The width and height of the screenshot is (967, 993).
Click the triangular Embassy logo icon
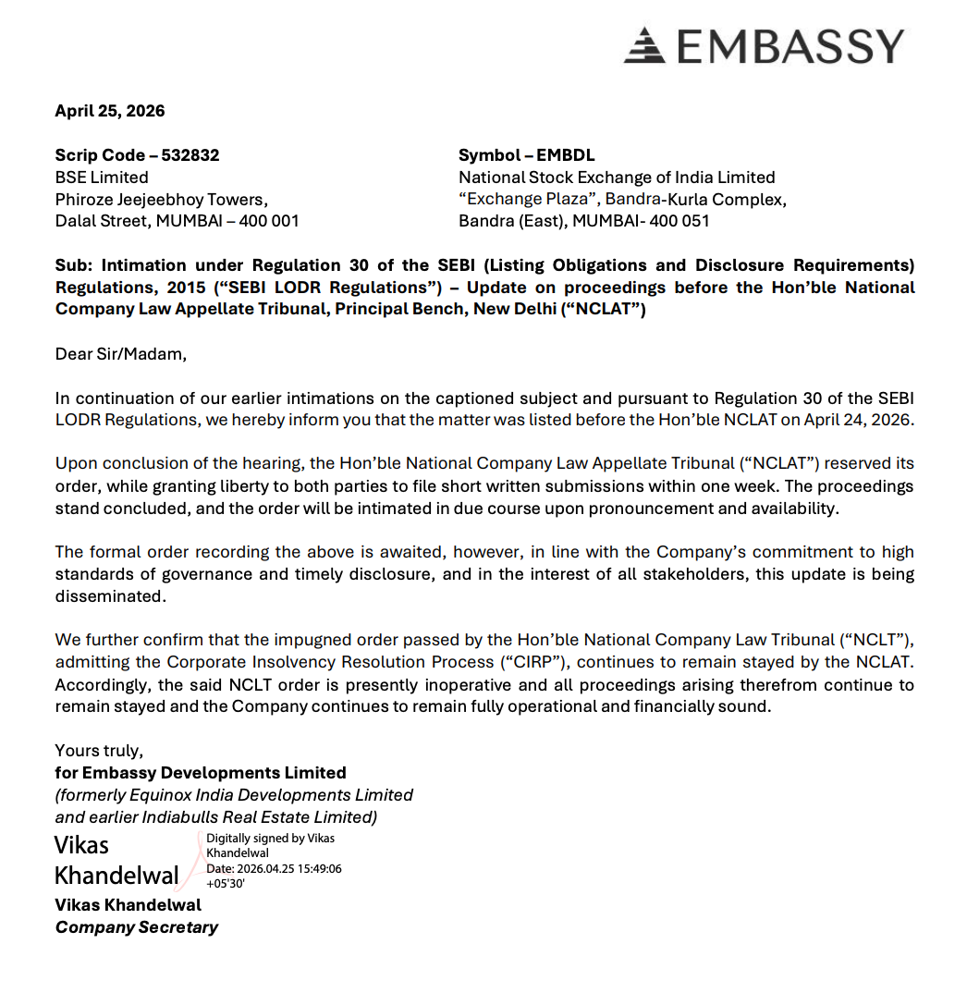click(644, 45)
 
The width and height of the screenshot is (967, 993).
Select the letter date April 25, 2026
click(110, 111)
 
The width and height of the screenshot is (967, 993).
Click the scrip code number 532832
click(190, 155)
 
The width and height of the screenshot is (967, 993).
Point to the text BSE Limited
click(102, 178)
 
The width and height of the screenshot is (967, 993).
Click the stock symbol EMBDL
click(566, 155)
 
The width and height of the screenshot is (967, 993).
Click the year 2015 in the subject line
click(188, 288)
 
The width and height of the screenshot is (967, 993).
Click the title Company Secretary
click(137, 927)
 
